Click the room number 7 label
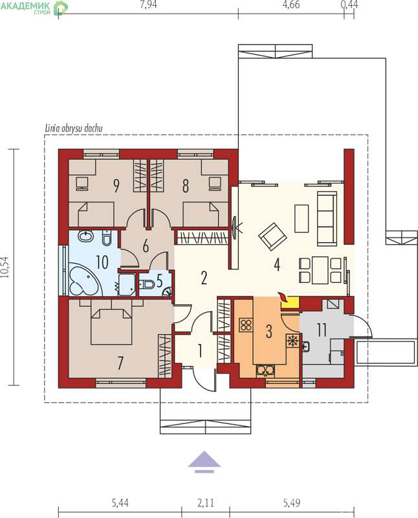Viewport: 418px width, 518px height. coord(120,363)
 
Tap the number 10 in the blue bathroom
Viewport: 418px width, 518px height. coord(102,262)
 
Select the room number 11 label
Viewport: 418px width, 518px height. coord(322,330)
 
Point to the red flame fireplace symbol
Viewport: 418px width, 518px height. coord(282,297)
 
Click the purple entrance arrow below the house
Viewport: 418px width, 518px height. coord(204,462)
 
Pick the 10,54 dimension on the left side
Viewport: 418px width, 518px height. coord(6,267)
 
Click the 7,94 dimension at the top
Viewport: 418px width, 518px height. coord(148,5)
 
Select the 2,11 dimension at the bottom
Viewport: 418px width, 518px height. coord(206,503)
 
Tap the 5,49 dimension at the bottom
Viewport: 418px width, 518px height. coord(292,503)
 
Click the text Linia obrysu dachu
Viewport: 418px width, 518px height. coord(74,128)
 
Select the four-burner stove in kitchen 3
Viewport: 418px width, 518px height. coord(246,326)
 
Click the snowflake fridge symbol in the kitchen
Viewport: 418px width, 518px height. coord(292,341)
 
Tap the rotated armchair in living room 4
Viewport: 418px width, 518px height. coord(272,236)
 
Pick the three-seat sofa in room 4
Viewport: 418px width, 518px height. coord(327,218)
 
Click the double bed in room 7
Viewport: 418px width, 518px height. coord(111,322)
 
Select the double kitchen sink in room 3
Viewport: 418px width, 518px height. coord(265,370)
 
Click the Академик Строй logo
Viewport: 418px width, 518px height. coord(34,8)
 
